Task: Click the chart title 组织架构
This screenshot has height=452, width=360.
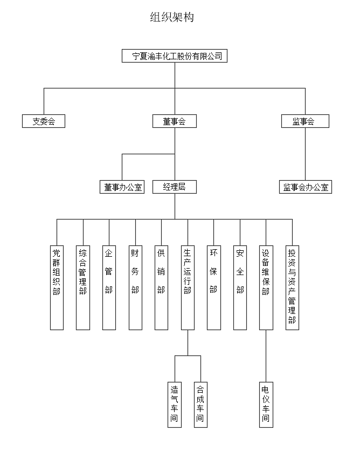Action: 172,17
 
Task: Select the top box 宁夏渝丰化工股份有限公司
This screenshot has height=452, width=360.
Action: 175,56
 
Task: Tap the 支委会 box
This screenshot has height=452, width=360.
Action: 44,121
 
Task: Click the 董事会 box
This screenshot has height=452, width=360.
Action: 174,121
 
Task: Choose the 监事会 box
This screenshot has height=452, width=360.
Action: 305,121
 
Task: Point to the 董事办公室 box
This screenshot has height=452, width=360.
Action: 122,187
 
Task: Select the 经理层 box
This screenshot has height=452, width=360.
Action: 174,187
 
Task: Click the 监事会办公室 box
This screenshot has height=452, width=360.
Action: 306,187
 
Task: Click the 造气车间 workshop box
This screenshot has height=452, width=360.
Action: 174,404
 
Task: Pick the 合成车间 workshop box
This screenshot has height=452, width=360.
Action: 200,404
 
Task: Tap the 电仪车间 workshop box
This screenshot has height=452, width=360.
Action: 266,404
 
